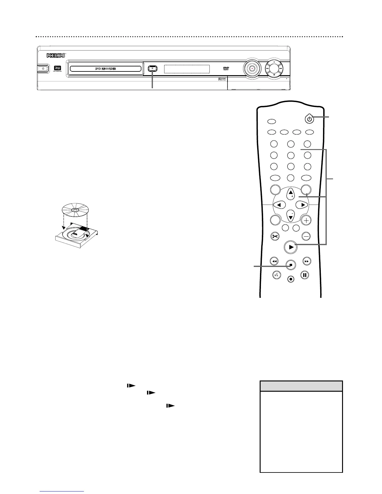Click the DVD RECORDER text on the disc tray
tap(105, 69)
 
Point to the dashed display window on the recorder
tap(187, 69)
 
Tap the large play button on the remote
tap(291, 247)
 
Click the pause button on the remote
tap(305, 275)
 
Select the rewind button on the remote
tap(274, 261)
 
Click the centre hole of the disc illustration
tap(75, 210)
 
